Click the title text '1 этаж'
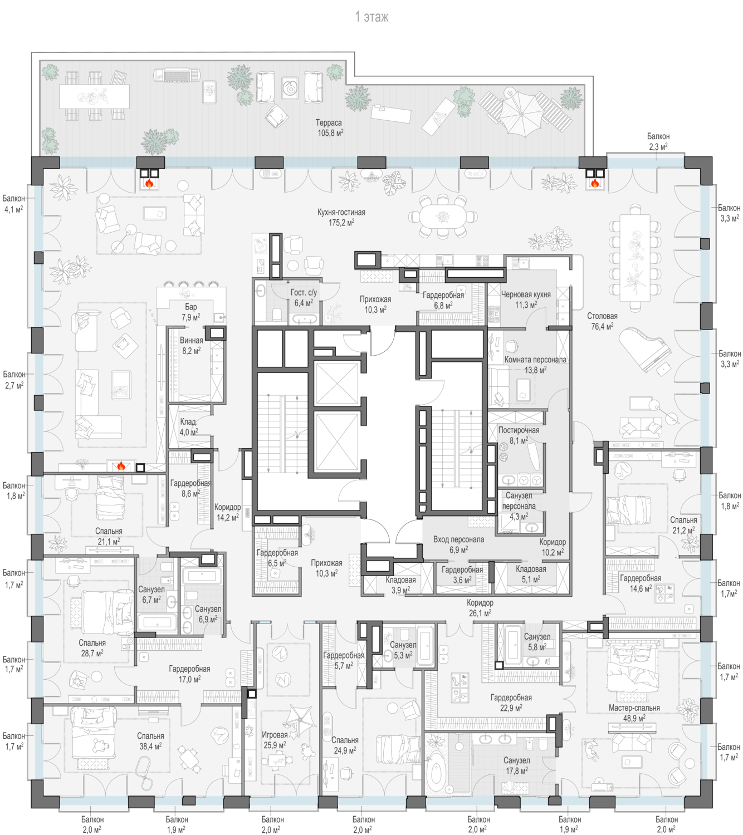click(372, 17)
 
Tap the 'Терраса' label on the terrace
click(329, 122)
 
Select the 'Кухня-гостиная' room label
click(341, 212)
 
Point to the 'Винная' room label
click(191, 341)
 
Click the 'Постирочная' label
click(519, 430)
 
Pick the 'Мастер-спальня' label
click(634, 708)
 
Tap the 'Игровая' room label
click(275, 734)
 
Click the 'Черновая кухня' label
click(526, 294)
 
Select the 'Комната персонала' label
click(535, 360)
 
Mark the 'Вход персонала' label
click(458, 539)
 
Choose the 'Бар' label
click(191, 307)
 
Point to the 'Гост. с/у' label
click(304, 292)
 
